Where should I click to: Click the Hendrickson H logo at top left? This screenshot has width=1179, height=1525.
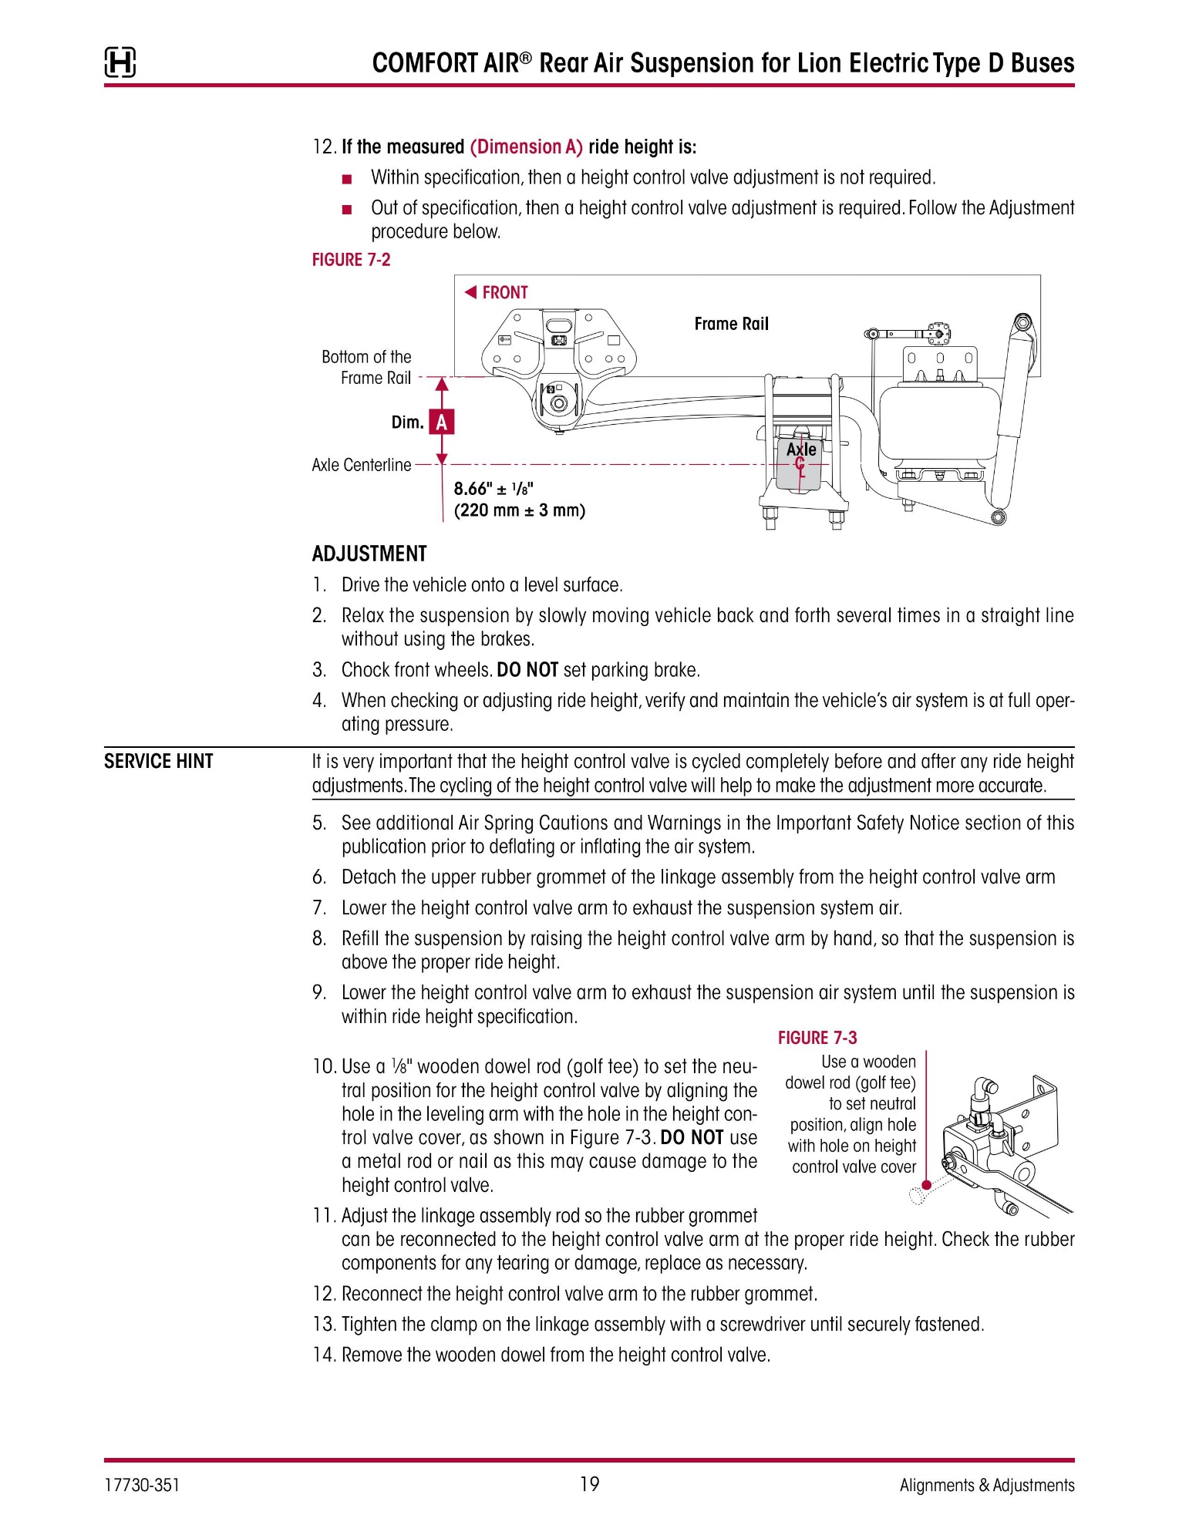[x=120, y=62]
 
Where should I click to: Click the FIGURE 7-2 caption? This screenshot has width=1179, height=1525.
[x=351, y=260]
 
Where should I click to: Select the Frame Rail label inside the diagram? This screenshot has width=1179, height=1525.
[x=731, y=324]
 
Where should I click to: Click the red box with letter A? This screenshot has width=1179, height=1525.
[x=441, y=422]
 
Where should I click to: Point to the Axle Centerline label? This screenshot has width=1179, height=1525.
[x=361, y=465]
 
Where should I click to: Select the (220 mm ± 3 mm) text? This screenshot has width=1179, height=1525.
[x=519, y=510]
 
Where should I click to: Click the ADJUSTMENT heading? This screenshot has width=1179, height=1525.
[x=369, y=554]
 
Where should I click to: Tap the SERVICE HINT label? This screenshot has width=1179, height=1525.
[x=158, y=761]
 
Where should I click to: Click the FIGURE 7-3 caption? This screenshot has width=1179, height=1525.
[x=817, y=1038]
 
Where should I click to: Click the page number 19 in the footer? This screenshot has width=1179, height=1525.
[x=589, y=1484]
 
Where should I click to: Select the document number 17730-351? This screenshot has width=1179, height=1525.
[x=142, y=1485]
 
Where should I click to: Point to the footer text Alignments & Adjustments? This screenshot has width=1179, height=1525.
[x=986, y=1485]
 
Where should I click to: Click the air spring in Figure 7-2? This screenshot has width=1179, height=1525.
[x=938, y=424]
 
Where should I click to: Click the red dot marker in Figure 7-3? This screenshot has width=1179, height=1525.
[x=926, y=1186]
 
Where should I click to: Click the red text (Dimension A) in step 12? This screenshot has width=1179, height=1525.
[x=526, y=146]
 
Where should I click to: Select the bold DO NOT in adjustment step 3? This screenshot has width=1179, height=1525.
[x=527, y=669]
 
